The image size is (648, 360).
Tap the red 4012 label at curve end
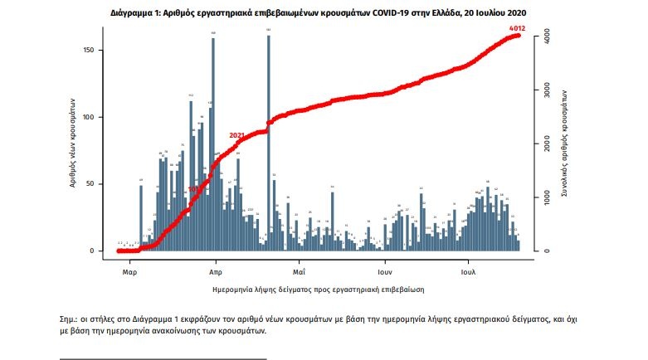[518, 29]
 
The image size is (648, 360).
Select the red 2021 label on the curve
[237, 135]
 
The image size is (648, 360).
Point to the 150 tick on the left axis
[92, 51]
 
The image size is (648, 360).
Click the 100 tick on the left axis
[92, 117]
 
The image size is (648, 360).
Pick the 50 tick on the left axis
[95, 184]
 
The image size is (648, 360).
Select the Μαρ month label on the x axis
[129, 271]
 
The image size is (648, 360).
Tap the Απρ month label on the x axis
[215, 271]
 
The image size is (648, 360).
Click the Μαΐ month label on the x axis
[299, 271]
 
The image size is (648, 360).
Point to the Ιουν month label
[384, 271]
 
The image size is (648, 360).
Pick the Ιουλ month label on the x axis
[469, 271]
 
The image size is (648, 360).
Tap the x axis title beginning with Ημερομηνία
[319, 289]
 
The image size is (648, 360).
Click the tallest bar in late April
[269, 141]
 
